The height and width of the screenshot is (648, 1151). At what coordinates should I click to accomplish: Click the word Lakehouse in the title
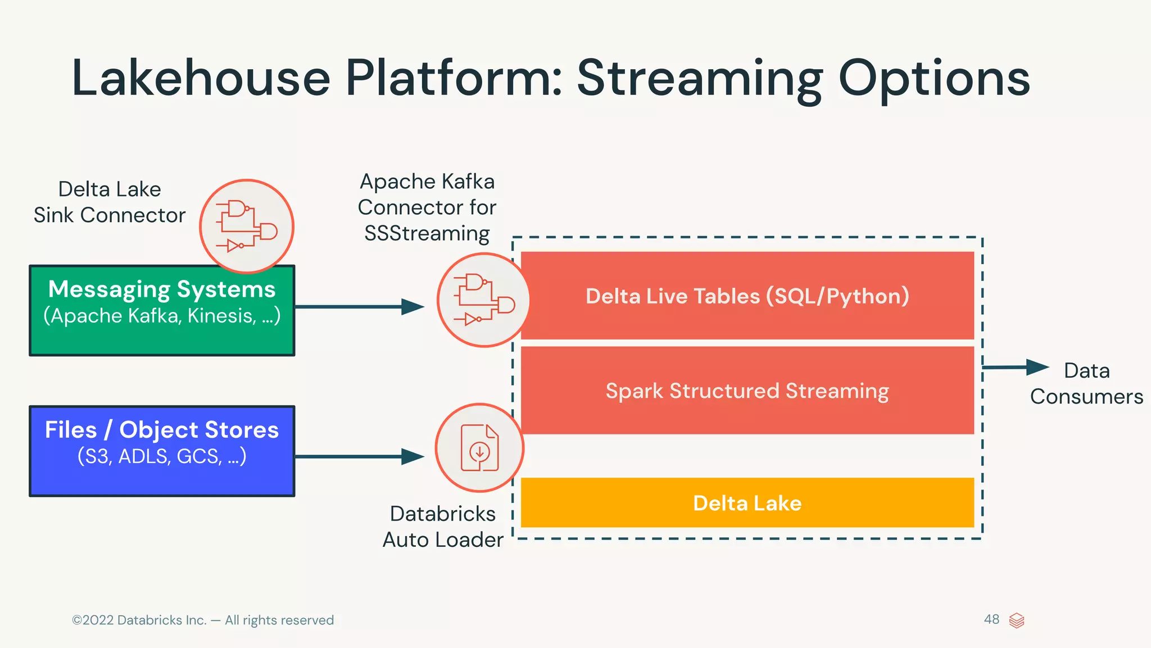pyautogui.click(x=201, y=79)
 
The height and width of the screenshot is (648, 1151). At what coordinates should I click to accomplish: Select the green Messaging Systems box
pyautogui.click(x=162, y=310)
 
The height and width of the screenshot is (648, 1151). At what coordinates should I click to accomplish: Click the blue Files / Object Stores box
pyautogui.click(x=162, y=451)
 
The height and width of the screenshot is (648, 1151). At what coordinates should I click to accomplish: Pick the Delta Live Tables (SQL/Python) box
pyautogui.click(x=747, y=296)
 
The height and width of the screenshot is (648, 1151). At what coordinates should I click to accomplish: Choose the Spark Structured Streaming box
pyautogui.click(x=747, y=391)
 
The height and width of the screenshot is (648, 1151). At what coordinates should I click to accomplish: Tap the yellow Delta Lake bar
pyautogui.click(x=747, y=503)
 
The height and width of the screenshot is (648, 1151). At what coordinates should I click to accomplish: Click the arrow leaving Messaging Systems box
pyautogui.click(x=360, y=307)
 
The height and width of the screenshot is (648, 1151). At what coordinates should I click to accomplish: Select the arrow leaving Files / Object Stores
pyautogui.click(x=360, y=456)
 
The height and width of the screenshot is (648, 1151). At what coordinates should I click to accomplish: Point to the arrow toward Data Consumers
pyautogui.click(x=1015, y=368)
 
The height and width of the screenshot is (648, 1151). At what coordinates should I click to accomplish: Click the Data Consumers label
pyautogui.click(x=1086, y=384)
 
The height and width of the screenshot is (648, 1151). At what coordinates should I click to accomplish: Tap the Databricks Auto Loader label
pyautogui.click(x=443, y=527)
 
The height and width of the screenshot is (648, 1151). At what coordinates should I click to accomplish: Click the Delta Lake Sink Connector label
pyautogui.click(x=110, y=202)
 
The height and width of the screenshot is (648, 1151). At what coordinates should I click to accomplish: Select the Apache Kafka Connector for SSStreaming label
pyautogui.click(x=427, y=207)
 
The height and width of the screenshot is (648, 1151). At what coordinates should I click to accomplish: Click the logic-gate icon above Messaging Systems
pyautogui.click(x=247, y=226)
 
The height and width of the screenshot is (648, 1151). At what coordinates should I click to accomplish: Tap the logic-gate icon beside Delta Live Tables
pyautogui.click(x=483, y=300)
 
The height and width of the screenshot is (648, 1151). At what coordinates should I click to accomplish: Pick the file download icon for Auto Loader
pyautogui.click(x=479, y=448)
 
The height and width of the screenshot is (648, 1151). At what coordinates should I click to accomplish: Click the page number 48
pyautogui.click(x=991, y=619)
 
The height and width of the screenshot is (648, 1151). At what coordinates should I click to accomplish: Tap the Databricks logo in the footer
pyautogui.click(x=1017, y=620)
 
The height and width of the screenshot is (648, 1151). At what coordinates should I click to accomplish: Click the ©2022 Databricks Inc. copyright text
pyautogui.click(x=202, y=620)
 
